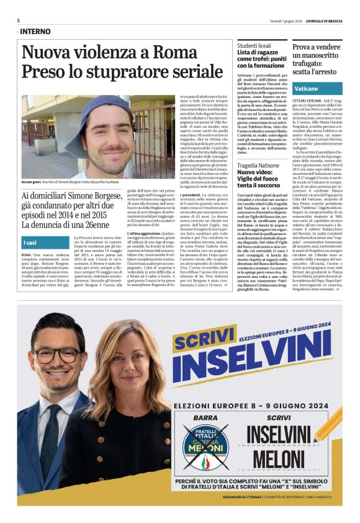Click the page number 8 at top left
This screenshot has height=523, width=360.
[x=19, y=20]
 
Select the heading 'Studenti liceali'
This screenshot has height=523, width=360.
[x=256, y=45]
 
